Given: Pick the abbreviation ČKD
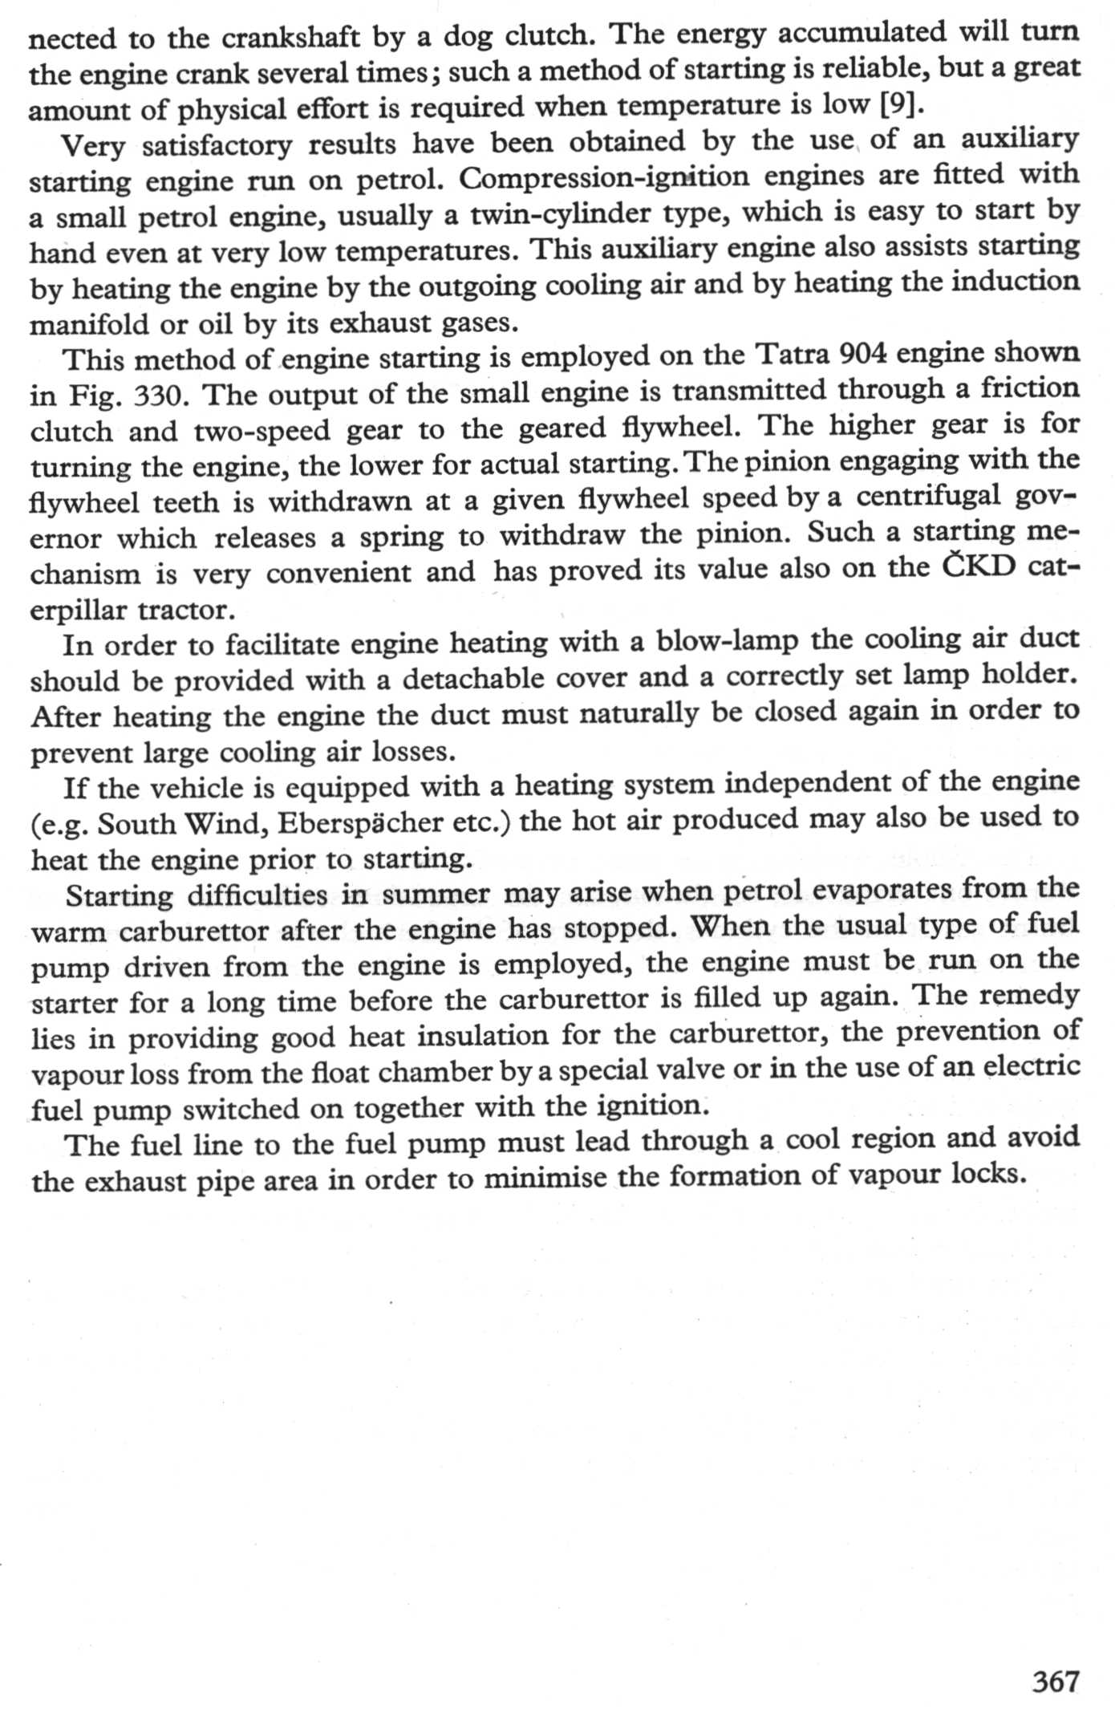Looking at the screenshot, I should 979,568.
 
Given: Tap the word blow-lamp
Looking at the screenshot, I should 727,640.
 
